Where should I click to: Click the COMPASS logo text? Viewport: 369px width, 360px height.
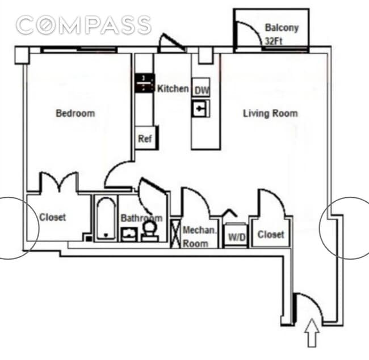(x=83, y=25)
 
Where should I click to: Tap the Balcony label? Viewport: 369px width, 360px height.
(x=281, y=28)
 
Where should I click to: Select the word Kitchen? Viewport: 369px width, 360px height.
(x=173, y=88)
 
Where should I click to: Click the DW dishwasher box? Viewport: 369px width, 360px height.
(x=200, y=90)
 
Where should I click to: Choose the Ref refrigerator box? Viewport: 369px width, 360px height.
(x=145, y=138)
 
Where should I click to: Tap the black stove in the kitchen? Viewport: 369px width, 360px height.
(x=144, y=83)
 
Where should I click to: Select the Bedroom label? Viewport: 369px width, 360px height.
(x=75, y=113)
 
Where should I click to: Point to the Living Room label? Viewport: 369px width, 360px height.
(x=270, y=113)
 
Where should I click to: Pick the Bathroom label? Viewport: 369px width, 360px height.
(x=141, y=218)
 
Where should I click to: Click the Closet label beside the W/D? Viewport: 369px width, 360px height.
(x=271, y=234)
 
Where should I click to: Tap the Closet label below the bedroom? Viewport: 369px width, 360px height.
(x=52, y=217)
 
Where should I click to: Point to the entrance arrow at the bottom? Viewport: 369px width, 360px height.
(x=311, y=333)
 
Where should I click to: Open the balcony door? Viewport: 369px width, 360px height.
(x=247, y=35)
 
